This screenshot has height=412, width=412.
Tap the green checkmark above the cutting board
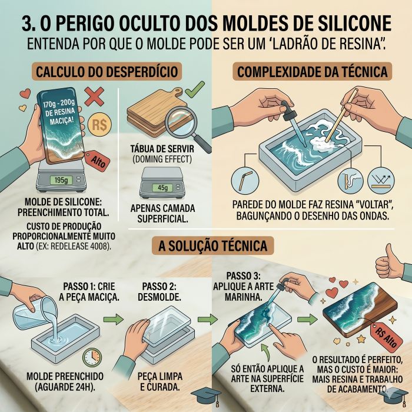pos(194,90)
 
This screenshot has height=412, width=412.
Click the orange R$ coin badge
pos(101,125)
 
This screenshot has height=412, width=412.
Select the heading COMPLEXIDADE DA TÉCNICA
pos(312,72)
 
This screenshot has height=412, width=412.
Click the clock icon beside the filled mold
pos(92,357)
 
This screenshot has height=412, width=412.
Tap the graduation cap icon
pos(210,397)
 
